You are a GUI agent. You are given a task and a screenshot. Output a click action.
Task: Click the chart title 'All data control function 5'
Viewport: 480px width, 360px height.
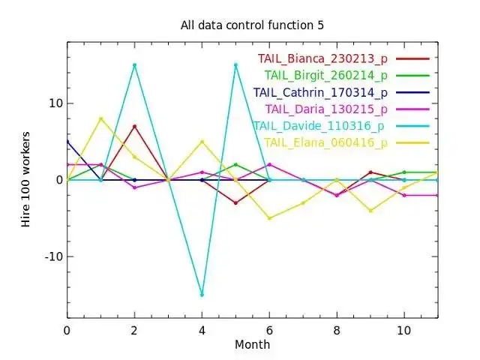click(x=252, y=25)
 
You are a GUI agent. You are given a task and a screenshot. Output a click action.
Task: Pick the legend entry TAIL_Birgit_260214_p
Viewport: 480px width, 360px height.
click(x=325, y=75)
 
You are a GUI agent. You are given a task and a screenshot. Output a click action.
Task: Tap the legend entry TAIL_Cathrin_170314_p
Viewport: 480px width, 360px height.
click(x=320, y=93)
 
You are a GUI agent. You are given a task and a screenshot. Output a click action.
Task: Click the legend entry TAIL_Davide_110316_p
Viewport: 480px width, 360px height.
click(x=320, y=126)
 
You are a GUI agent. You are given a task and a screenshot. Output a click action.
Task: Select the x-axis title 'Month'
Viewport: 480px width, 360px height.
click(x=252, y=345)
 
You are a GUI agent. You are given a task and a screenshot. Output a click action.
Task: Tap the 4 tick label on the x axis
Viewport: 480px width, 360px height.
click(x=202, y=330)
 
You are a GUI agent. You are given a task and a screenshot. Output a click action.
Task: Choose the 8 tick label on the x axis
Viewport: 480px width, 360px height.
click(x=337, y=330)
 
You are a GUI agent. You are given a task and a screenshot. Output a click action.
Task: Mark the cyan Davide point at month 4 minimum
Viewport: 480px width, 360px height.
click(x=202, y=295)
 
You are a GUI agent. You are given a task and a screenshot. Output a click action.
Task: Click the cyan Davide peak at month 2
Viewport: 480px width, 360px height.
click(x=134, y=65)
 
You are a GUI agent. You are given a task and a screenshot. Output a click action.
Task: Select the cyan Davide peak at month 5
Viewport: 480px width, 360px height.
click(x=235, y=65)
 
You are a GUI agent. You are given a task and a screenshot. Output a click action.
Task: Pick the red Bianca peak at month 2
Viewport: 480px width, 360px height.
click(x=134, y=126)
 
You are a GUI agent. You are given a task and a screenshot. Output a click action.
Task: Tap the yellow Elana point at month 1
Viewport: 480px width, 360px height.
click(x=100, y=118)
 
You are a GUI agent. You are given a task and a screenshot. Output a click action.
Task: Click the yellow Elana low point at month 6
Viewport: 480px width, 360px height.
click(x=269, y=218)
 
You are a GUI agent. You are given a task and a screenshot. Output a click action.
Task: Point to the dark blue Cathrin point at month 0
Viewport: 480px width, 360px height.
click(x=67, y=142)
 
